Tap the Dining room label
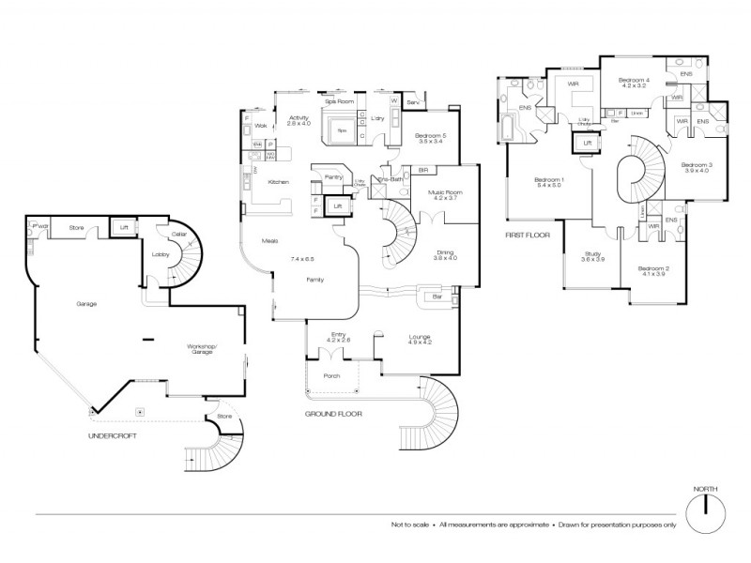click(x=445, y=253)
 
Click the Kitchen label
click(x=278, y=181)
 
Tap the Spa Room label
click(x=340, y=100)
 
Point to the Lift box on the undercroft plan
click(x=121, y=226)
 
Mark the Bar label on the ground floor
click(x=437, y=297)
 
